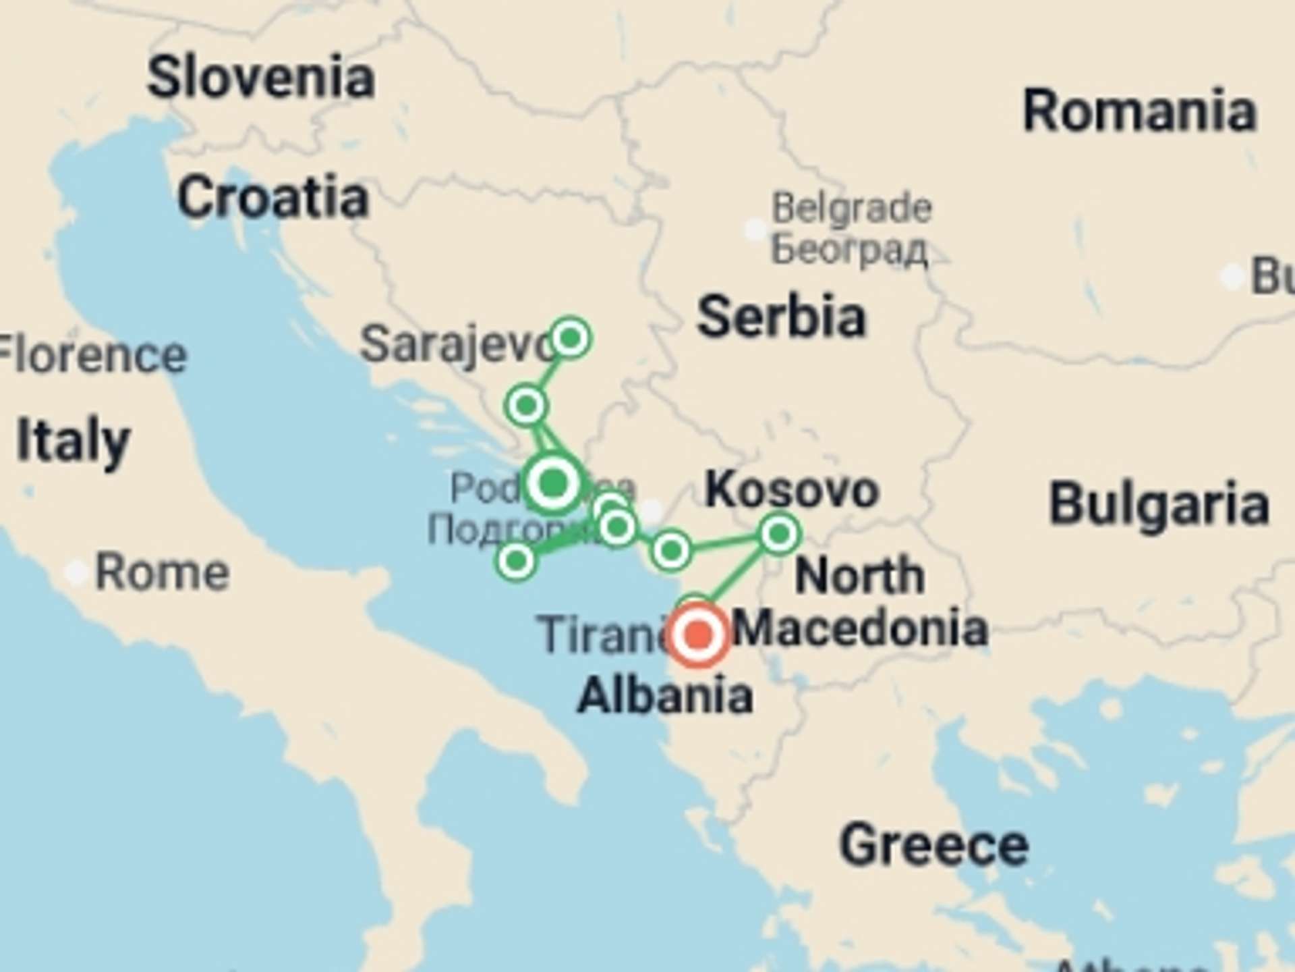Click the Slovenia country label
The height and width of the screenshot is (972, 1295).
click(260, 78)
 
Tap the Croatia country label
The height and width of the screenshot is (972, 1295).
click(273, 198)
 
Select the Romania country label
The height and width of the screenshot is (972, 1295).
click(1140, 111)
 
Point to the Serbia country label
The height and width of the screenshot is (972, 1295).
click(781, 317)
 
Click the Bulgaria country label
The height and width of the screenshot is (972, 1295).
click(1159, 504)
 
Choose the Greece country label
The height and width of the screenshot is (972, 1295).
click(933, 844)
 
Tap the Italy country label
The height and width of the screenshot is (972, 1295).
click(73, 441)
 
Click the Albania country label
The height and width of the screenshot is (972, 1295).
click(665, 696)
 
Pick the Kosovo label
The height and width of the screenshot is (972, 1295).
click(792, 490)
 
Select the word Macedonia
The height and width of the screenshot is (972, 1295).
click(861, 628)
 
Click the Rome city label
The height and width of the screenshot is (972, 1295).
click(162, 573)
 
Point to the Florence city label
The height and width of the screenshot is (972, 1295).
click(91, 355)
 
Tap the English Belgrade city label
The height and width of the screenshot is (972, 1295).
click(852, 207)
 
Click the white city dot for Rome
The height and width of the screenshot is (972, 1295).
click(76, 574)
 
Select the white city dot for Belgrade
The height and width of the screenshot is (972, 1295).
click(755, 230)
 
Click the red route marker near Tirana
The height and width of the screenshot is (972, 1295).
click(699, 634)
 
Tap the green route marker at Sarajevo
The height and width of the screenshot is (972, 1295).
click(571, 337)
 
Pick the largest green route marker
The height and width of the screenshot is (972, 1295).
click(553, 483)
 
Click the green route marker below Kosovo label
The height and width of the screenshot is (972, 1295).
click(779, 534)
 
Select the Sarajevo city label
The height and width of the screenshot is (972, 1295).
click(457, 345)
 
